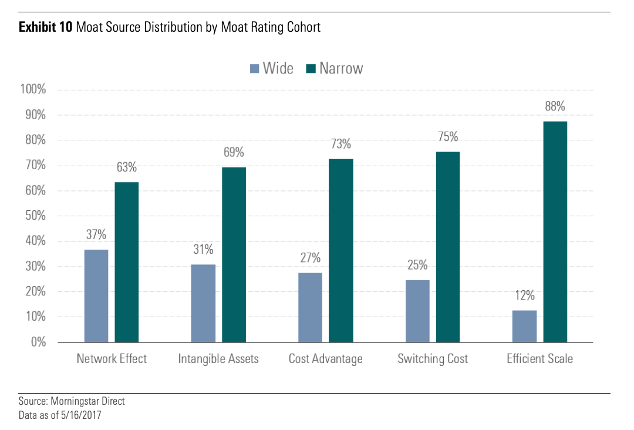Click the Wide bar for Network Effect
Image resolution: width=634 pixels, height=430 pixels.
[96, 295]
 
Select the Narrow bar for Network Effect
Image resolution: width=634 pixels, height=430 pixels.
[126, 262]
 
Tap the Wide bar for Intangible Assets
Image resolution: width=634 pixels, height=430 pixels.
[203, 303]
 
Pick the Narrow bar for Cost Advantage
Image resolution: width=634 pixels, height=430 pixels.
[340, 250]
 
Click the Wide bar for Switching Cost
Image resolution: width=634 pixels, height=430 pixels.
[417, 311]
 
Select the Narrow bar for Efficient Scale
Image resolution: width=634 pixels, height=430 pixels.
[555, 231]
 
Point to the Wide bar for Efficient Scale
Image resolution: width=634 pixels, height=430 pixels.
[524, 326]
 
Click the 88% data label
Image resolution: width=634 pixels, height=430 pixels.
[555, 106]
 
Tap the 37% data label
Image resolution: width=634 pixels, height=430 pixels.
[96, 235]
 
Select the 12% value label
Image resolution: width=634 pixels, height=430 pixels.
[524, 295]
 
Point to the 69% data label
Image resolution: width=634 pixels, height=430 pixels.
[233, 153]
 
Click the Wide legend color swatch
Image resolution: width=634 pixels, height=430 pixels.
[254, 69]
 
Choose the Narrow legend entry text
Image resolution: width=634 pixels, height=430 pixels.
[341, 69]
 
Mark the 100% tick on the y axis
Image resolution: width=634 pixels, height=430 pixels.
[33, 90]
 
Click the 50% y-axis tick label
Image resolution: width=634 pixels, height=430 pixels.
[35, 216]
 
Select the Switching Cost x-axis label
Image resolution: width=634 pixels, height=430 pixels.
[433, 359]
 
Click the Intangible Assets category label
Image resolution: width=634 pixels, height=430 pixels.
[218, 359]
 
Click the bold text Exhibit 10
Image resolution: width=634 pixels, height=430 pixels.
[45, 27]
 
